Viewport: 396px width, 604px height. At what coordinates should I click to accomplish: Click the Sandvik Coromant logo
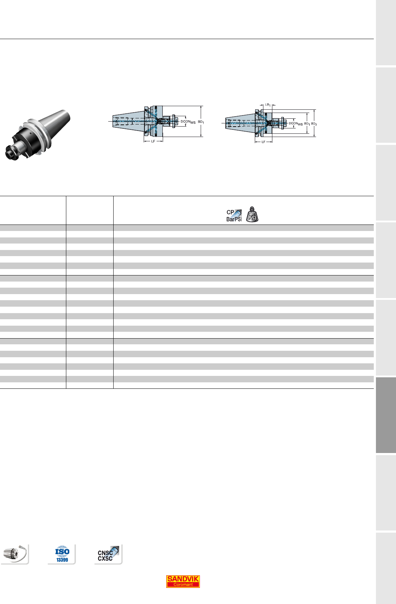[183, 581]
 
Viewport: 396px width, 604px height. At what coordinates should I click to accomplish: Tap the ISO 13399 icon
[62, 554]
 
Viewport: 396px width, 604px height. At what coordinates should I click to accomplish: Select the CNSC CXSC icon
[108, 554]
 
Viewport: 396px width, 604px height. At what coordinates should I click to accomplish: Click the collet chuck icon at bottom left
[15, 554]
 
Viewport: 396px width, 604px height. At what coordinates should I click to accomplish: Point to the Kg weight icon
[252, 214]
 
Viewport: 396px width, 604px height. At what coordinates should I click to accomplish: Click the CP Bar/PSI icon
[234, 216]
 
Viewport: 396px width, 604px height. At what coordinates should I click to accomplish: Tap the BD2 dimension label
[314, 124]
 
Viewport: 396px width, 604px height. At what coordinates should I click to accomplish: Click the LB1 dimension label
[267, 105]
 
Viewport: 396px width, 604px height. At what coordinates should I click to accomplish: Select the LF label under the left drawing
[153, 141]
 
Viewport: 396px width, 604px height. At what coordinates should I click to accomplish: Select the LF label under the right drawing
[263, 142]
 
